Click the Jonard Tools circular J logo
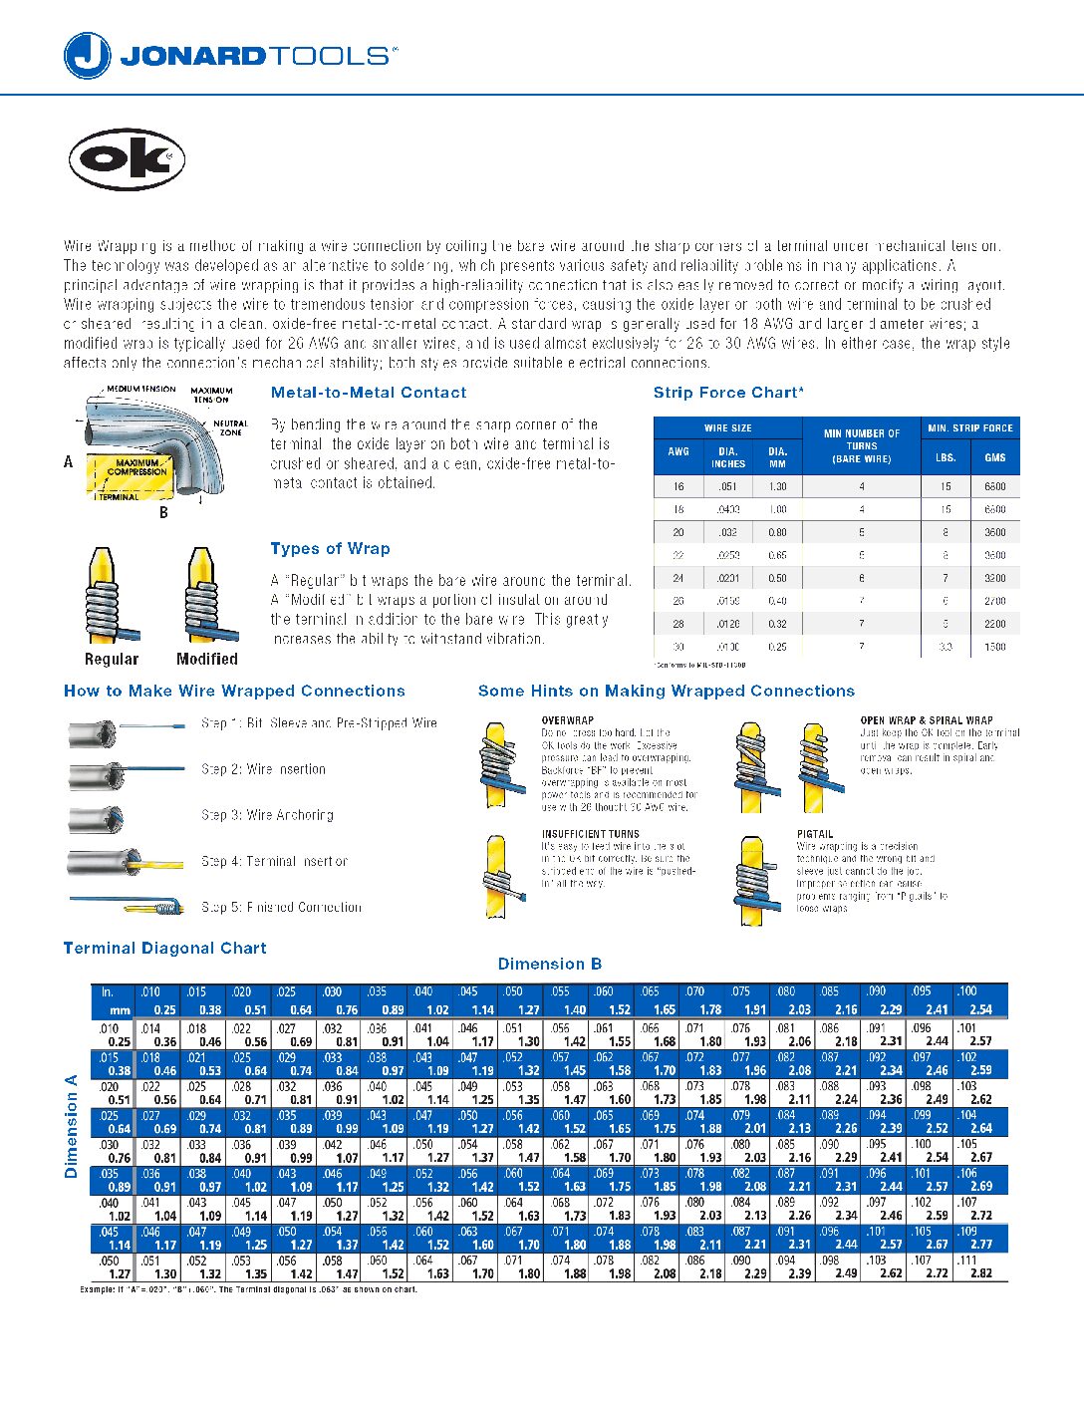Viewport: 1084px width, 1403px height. (x=87, y=56)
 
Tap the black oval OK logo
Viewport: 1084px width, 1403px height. (x=127, y=159)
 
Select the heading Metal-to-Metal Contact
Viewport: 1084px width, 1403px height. (x=368, y=393)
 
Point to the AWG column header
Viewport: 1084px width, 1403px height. (x=678, y=451)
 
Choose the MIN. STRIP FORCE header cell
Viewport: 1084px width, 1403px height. (x=969, y=428)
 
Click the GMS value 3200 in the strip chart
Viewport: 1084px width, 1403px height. (x=994, y=578)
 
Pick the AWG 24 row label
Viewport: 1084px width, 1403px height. (x=678, y=578)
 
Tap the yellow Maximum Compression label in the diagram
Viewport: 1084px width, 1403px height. (x=136, y=467)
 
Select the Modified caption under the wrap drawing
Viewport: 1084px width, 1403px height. (x=206, y=659)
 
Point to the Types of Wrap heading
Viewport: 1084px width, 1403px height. (x=330, y=549)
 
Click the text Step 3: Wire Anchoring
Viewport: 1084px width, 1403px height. (x=267, y=815)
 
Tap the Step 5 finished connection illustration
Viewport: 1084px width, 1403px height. (x=129, y=906)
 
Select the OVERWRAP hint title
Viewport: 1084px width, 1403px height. (x=567, y=720)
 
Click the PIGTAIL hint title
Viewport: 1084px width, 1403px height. (x=814, y=834)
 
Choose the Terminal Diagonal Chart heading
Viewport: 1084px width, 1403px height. (x=164, y=949)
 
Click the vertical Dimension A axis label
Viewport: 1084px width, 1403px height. (x=71, y=1126)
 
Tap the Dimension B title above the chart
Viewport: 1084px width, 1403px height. (x=549, y=964)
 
